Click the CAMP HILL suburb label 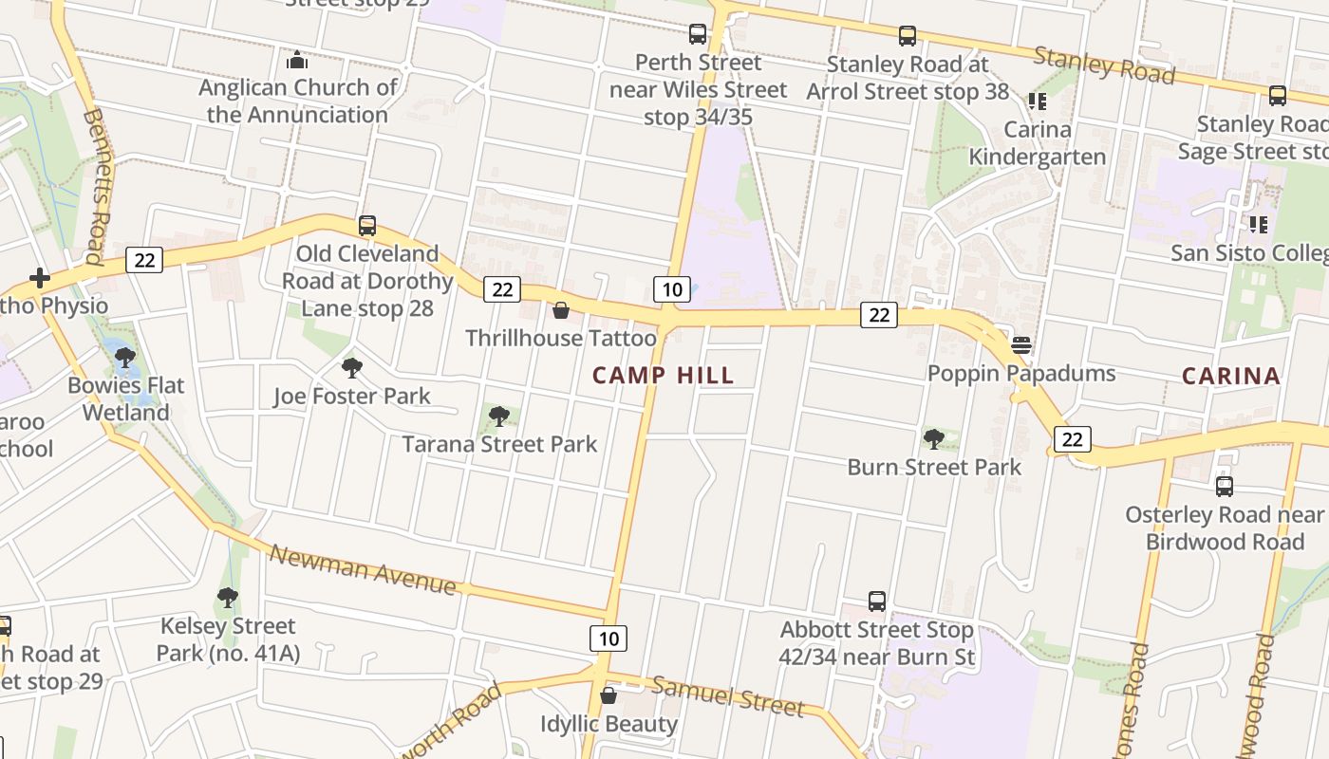coord(663,375)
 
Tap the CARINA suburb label coord(1231,376)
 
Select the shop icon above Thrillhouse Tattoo coord(561,310)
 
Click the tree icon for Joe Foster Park coord(352,368)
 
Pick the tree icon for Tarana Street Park coord(498,416)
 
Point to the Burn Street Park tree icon coord(934,439)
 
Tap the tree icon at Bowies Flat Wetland coord(124,358)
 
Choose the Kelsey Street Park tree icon coord(227,598)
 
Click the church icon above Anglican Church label coord(297,61)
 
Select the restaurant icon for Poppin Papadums coord(1021,344)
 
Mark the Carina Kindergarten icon coord(1037,101)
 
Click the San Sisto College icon coord(1259,225)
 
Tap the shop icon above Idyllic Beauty coord(608,696)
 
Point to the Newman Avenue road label coord(363,568)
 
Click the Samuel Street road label coord(727,697)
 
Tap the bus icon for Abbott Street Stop coord(877,602)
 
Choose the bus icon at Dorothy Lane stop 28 coord(367,226)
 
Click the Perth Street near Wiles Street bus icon coord(698,34)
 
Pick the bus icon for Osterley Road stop coord(1225,487)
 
